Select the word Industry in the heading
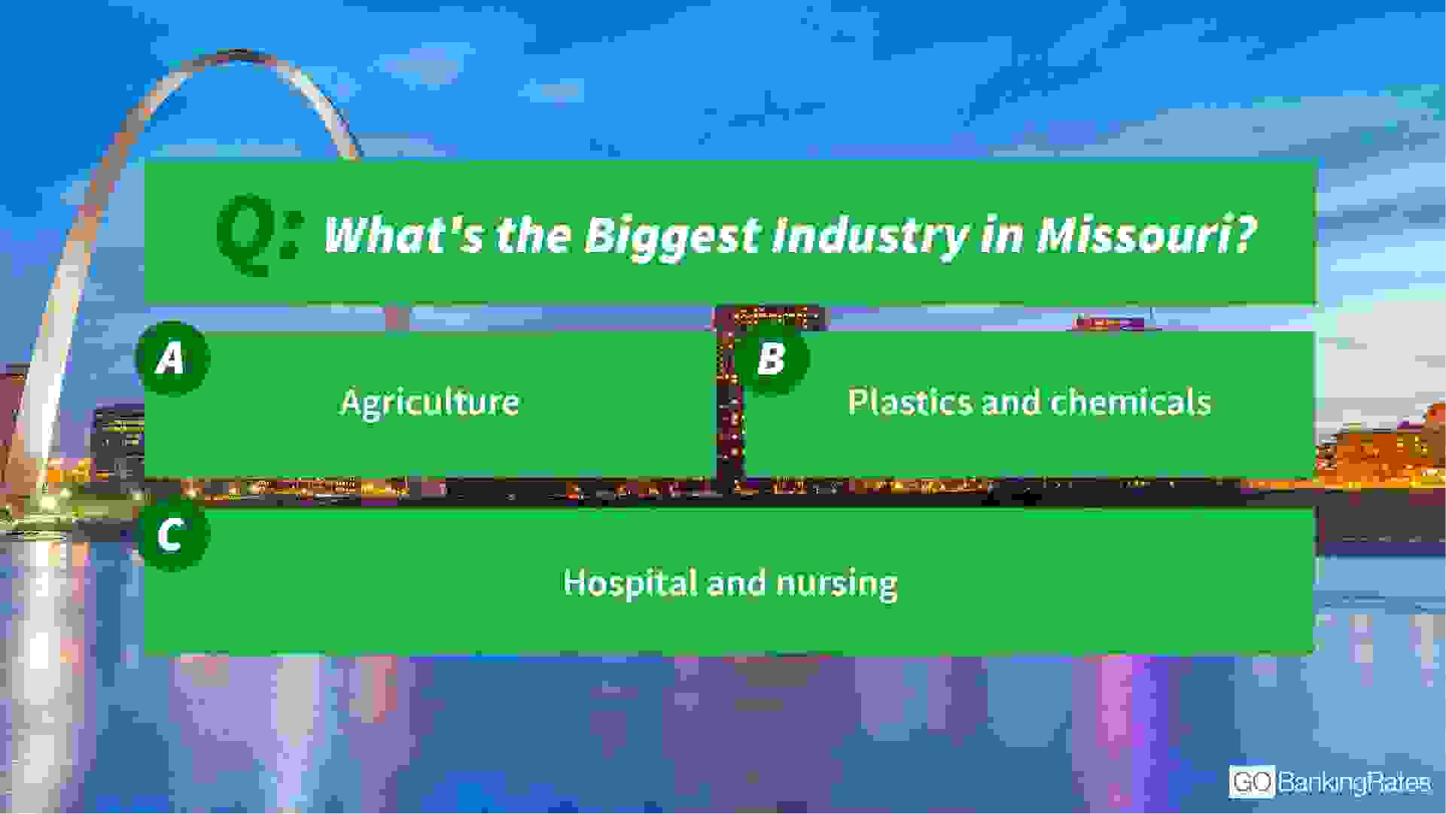[869, 236]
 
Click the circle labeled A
[172, 358]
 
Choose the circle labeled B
[771, 358]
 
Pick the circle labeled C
[172, 535]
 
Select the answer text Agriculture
[430, 403]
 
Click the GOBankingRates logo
[1330, 782]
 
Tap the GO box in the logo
[1252, 782]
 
